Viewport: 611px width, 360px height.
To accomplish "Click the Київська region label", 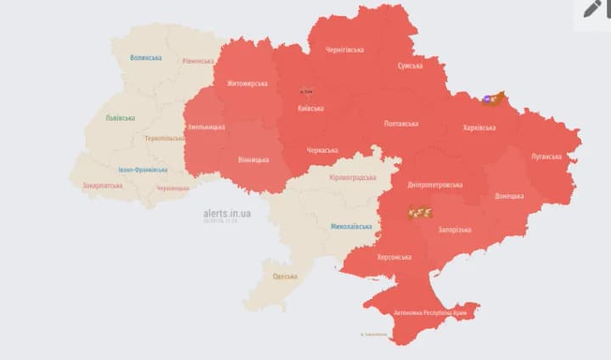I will click(310, 109).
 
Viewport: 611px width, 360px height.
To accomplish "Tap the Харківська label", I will click(479, 127).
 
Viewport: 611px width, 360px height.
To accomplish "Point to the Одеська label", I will click(285, 277).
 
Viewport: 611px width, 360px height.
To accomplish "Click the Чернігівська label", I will click(345, 50).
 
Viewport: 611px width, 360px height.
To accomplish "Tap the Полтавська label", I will click(401, 124).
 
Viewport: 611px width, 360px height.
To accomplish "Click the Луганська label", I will click(546, 156).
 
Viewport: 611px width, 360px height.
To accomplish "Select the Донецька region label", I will click(508, 196).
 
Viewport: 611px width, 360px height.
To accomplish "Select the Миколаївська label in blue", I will click(350, 227).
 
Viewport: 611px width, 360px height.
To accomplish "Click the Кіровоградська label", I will click(352, 177).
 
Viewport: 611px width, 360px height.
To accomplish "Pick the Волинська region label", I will click(146, 58).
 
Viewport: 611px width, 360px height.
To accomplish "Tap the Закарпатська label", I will click(101, 185).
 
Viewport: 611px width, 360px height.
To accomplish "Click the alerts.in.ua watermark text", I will click(227, 213).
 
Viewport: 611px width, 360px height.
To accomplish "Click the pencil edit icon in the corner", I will click(591, 9).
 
